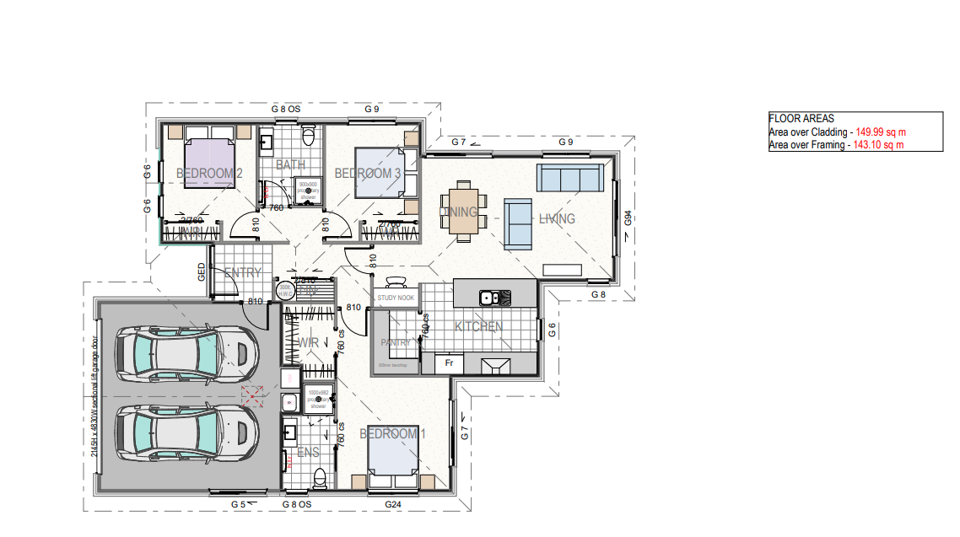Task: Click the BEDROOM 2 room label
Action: (x=209, y=174)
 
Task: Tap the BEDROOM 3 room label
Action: (x=368, y=174)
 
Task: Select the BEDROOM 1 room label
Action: (x=393, y=434)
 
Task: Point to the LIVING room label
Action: (x=557, y=219)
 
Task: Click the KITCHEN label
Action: (x=479, y=327)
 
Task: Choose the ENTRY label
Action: (x=242, y=273)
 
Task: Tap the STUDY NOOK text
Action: (x=396, y=298)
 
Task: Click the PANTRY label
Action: (x=396, y=343)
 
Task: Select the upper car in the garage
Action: (x=187, y=355)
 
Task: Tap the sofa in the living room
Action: (x=569, y=178)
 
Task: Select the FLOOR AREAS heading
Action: (x=801, y=119)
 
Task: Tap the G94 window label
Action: (x=628, y=220)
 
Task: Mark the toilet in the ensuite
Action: (x=319, y=478)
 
